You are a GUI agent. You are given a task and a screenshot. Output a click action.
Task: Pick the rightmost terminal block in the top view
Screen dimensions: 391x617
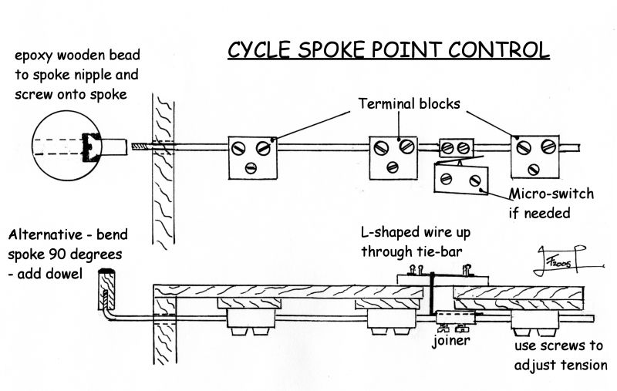pyautogui.click(x=534, y=155)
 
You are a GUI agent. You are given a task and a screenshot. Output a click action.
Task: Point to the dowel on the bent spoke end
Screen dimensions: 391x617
pyautogui.click(x=106, y=285)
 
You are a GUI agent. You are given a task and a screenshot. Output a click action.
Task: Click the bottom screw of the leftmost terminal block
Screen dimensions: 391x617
pyautogui.click(x=251, y=168)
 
